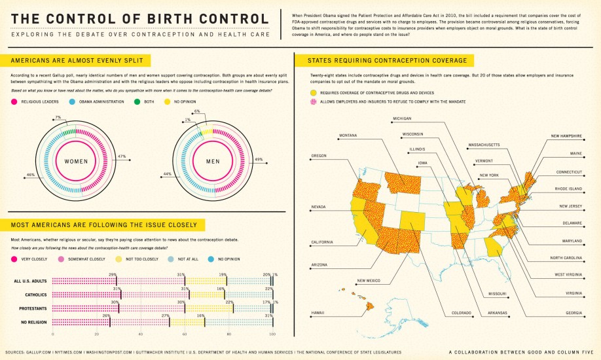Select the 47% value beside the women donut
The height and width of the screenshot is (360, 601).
(x=122, y=156)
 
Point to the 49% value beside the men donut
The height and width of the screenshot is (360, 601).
(x=259, y=159)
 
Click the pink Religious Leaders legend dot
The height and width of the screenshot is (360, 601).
(x=14, y=102)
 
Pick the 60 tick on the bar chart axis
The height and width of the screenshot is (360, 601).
(x=185, y=334)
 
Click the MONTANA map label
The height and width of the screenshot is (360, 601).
(x=348, y=135)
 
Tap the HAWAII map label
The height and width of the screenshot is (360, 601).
(x=318, y=312)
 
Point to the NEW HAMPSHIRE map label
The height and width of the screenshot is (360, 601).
(x=566, y=135)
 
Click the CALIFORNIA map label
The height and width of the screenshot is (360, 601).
(x=322, y=242)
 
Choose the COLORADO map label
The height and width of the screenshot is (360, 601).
(x=461, y=312)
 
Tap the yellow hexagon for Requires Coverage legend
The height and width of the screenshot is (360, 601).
(x=313, y=94)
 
